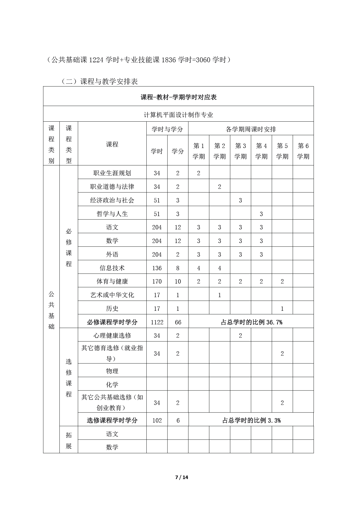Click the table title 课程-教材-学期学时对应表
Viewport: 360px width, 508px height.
179,97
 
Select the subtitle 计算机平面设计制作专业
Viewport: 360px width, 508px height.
179,115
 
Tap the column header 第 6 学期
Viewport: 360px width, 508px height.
303,151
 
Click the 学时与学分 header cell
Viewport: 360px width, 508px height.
167,129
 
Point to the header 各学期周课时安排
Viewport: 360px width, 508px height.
251,129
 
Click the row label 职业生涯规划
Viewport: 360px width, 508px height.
112,173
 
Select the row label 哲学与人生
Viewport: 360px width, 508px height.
112,214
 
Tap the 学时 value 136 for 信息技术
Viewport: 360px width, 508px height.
157,268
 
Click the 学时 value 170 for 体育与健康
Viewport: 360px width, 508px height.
157,281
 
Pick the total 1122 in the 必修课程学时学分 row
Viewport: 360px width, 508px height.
157,322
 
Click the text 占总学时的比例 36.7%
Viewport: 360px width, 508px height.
251,322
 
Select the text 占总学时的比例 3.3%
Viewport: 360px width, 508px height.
251,420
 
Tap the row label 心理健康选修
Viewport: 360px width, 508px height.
112,335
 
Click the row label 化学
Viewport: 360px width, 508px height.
112,385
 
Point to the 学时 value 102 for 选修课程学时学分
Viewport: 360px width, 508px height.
157,420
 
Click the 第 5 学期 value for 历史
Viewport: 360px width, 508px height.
282,309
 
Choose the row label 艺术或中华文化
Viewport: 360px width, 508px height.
112,295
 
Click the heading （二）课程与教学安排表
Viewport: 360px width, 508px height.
99,81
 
